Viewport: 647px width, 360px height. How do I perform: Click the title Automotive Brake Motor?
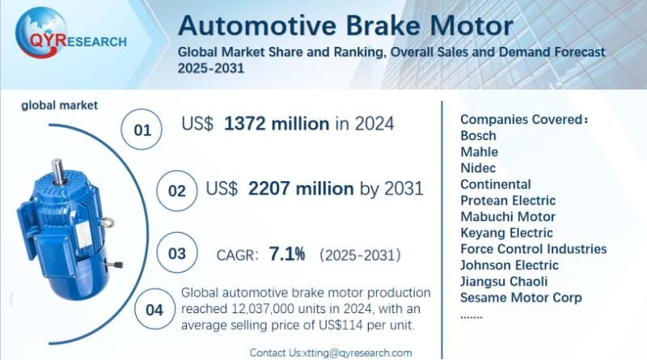pos(345,24)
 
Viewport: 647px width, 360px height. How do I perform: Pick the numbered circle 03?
pos(176,254)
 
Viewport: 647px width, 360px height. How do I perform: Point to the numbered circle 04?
pos(153,309)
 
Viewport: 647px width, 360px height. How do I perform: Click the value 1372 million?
pos(276,124)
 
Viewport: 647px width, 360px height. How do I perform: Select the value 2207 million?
pos(301,188)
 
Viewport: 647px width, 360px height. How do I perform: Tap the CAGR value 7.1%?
pos(287,255)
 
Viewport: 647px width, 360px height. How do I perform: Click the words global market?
pos(59,105)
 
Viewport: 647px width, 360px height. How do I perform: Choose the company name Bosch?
pos(478,135)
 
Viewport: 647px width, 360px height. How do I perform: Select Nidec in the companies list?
pos(478,167)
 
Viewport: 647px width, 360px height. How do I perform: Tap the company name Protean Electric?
pos(508,200)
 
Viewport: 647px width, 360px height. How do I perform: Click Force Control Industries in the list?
pos(533,248)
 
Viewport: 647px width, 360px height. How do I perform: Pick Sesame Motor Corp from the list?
pos(521,297)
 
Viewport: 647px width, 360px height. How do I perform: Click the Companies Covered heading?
pos(524,119)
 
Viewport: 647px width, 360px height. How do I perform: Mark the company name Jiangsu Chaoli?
pos(504,281)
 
